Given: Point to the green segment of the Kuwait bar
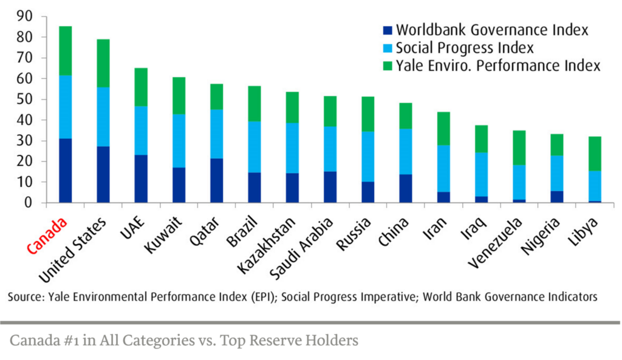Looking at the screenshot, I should [179, 95].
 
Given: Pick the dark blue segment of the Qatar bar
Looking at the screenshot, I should [216, 180].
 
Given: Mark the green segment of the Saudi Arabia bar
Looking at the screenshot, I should [330, 111].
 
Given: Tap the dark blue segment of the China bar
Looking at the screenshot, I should [406, 188].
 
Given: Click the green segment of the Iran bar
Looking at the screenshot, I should [443, 129].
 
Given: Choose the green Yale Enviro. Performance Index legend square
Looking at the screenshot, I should [386, 66].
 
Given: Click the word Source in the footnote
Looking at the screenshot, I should [24, 297].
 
